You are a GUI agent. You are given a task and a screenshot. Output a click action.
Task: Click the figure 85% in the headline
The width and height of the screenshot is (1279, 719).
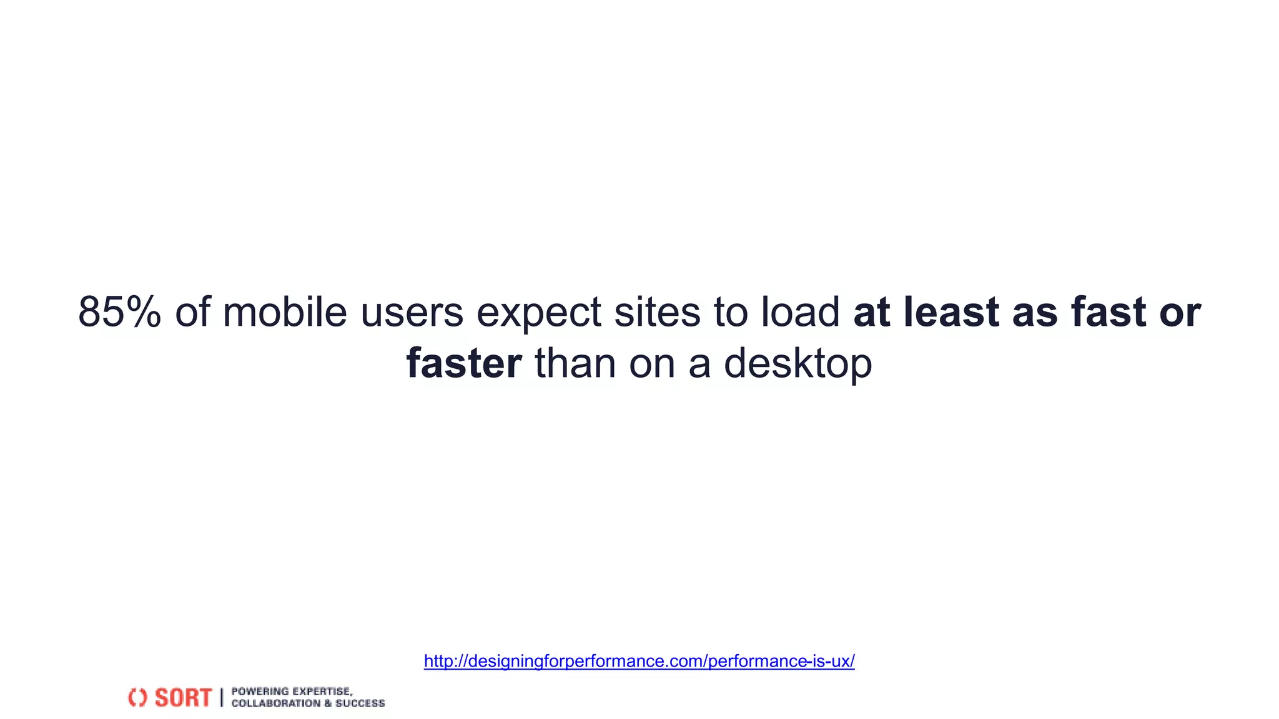click(x=119, y=312)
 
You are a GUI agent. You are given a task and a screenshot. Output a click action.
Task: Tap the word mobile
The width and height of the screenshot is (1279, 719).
click(x=285, y=312)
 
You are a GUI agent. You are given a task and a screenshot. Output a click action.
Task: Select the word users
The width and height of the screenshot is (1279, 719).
click(x=412, y=312)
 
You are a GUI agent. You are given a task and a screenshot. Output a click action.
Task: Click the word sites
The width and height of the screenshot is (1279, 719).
click(x=658, y=312)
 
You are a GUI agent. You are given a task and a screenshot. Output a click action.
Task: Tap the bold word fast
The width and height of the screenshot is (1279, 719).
click(x=1109, y=312)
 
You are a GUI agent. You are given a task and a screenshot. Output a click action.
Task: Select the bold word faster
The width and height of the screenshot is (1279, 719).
click(x=464, y=363)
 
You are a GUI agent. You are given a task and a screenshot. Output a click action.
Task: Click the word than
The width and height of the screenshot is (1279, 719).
click(x=575, y=363)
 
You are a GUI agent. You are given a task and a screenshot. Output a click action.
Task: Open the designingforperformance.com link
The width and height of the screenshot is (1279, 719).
click(x=639, y=661)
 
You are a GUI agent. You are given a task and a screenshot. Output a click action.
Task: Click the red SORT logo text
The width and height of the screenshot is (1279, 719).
click(x=183, y=698)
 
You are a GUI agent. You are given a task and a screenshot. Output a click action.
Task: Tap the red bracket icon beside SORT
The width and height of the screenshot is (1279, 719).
click(x=137, y=698)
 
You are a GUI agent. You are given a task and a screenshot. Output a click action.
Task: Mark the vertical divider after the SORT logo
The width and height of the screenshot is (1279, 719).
click(x=221, y=698)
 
